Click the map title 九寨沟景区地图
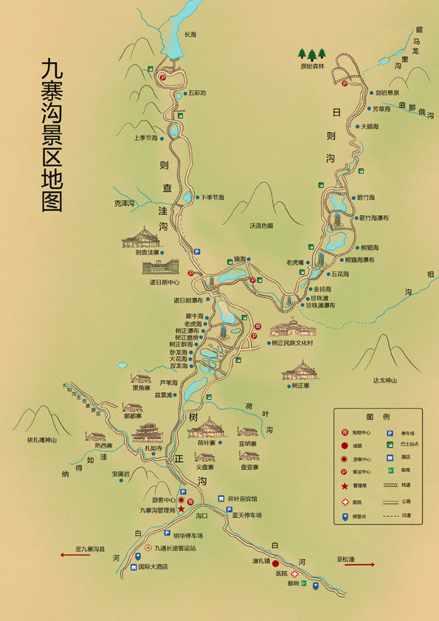click(x=52, y=136)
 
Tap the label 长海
click(x=190, y=34)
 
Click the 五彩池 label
click(x=198, y=93)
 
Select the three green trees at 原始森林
click(x=311, y=54)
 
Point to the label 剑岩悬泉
click(x=387, y=93)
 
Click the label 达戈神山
click(x=384, y=380)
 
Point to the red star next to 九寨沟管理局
click(x=181, y=509)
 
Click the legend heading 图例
click(x=377, y=417)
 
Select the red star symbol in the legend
click(x=345, y=485)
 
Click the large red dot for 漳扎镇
click(x=274, y=563)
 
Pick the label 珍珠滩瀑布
click(x=321, y=305)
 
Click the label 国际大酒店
click(x=153, y=566)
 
